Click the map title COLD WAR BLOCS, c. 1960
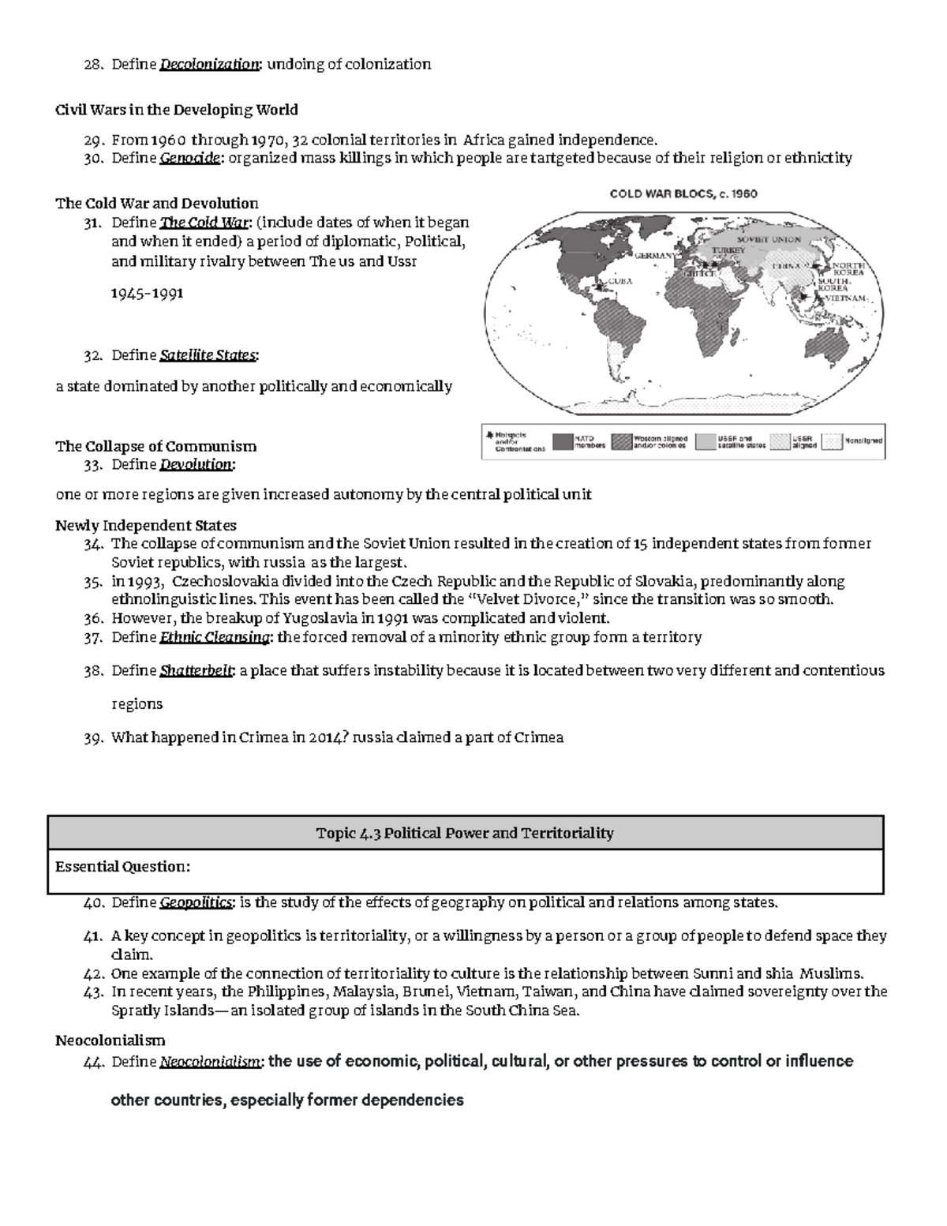point(683,193)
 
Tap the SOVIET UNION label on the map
point(769,239)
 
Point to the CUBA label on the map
point(621,280)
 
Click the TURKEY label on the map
point(728,250)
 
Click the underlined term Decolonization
point(209,65)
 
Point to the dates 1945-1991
point(148,293)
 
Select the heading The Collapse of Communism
point(155,446)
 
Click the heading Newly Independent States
point(146,526)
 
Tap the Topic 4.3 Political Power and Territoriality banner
point(465,833)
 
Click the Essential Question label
point(122,867)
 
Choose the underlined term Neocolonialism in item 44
point(210,1063)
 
